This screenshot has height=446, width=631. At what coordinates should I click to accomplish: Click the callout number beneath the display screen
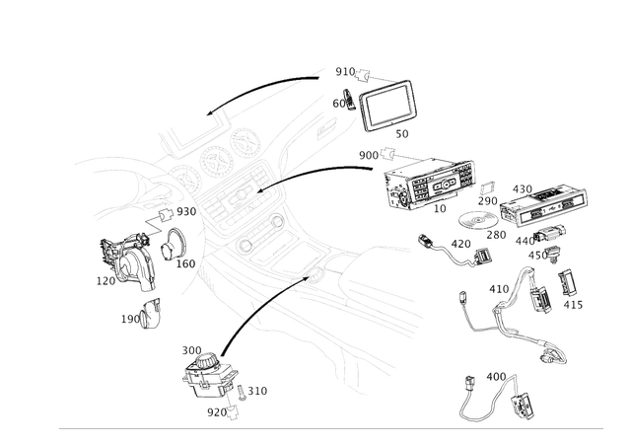tap(400, 131)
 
